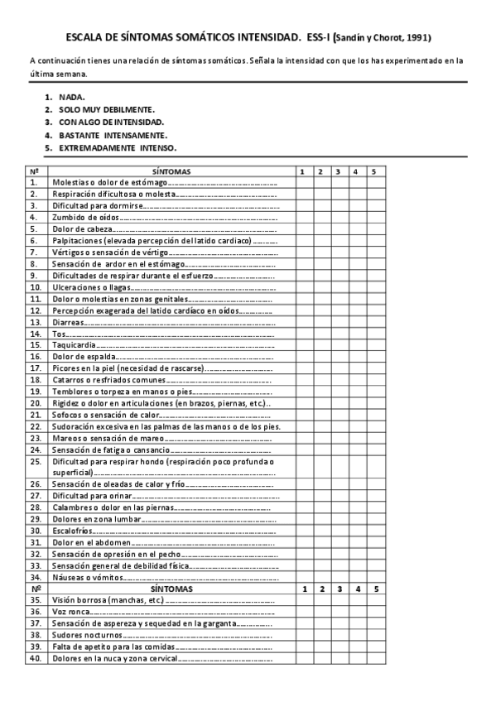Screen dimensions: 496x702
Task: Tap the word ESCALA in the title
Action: click(86, 38)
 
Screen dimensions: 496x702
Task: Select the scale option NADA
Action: click(72, 97)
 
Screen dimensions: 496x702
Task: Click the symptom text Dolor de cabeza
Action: click(80, 228)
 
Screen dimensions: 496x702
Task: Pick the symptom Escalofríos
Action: click(71, 530)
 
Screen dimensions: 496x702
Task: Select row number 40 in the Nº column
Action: click(36, 658)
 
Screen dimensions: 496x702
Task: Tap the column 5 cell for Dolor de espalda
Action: click(374, 356)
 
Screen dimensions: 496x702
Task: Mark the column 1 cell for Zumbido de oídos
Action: click(302, 217)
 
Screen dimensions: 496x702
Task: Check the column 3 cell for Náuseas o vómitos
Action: click(338, 576)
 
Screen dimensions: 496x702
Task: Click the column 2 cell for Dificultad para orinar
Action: click(320, 495)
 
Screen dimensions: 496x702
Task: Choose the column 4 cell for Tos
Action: click(355, 333)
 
